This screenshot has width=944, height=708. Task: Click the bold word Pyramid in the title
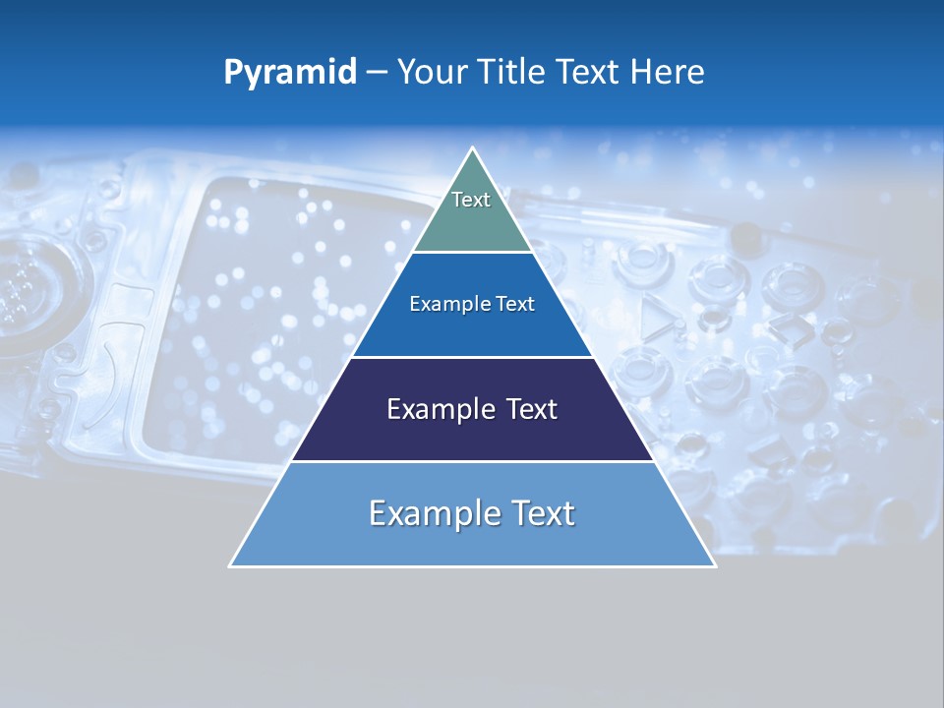(x=290, y=73)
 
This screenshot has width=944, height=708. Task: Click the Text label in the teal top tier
(x=471, y=200)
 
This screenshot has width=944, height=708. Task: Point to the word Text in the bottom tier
(x=540, y=513)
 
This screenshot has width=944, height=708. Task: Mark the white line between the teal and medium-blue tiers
(x=472, y=253)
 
